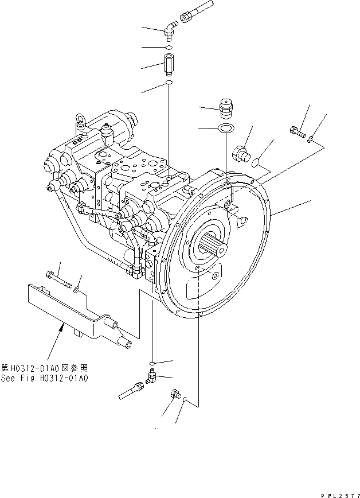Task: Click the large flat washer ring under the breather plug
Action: click(226, 128)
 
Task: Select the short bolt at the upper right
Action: click(298, 133)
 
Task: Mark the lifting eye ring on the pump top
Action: click(79, 122)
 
